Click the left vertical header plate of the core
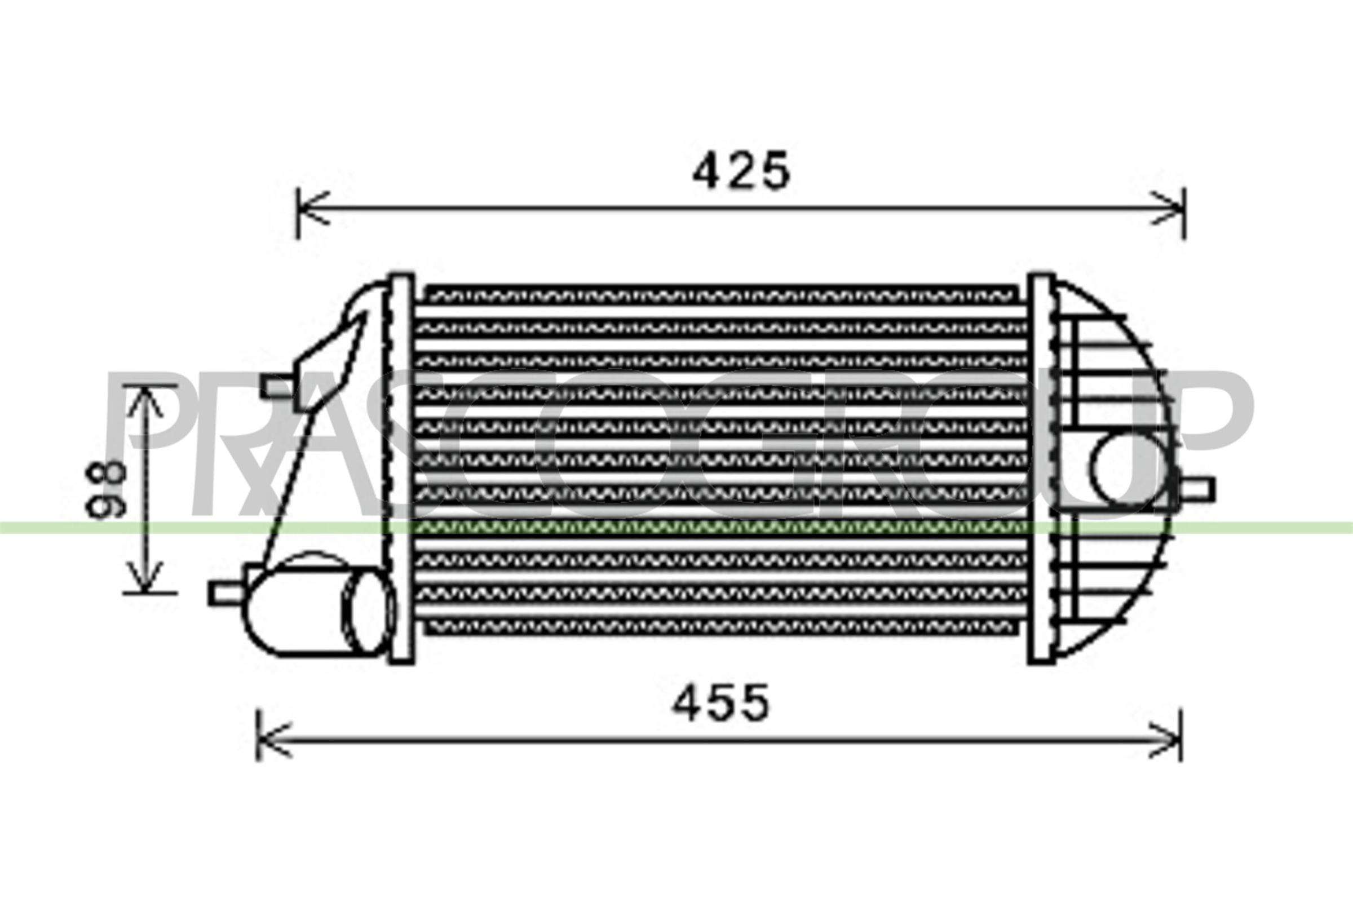(x=401, y=469)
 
